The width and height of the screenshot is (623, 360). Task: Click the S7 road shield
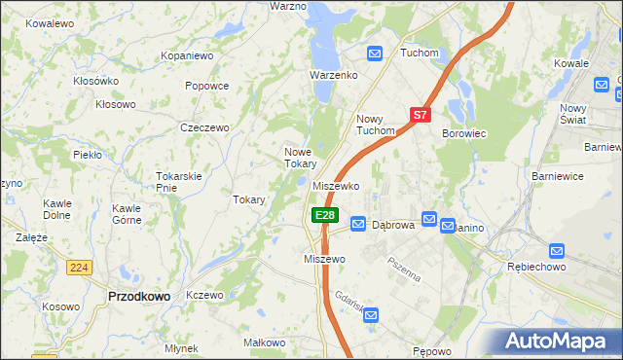click(x=420, y=115)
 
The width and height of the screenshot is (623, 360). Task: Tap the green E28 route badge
click(x=324, y=215)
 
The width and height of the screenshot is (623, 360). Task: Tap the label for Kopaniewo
click(x=187, y=56)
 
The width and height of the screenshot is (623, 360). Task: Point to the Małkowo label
click(x=264, y=342)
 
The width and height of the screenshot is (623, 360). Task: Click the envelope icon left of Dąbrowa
click(x=357, y=224)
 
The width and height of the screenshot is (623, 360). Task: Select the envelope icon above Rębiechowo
click(x=557, y=250)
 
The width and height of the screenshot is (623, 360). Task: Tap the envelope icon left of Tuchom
click(x=375, y=53)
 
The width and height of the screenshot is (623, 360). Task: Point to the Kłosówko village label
click(x=95, y=81)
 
